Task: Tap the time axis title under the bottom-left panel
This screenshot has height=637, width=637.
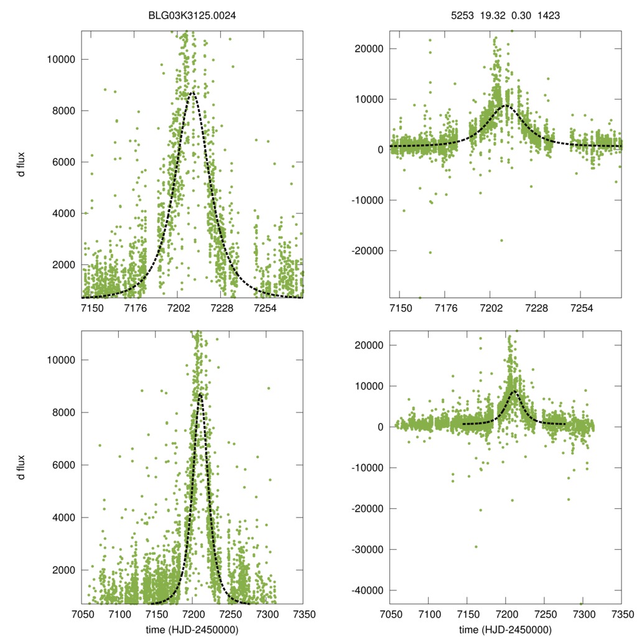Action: point(192,630)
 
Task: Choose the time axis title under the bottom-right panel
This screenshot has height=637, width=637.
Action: point(505,630)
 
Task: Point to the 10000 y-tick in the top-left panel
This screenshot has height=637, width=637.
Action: point(61,60)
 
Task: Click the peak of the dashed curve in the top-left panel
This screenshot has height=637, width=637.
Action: point(193,92)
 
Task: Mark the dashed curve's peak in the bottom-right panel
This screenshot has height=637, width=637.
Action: point(513,391)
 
